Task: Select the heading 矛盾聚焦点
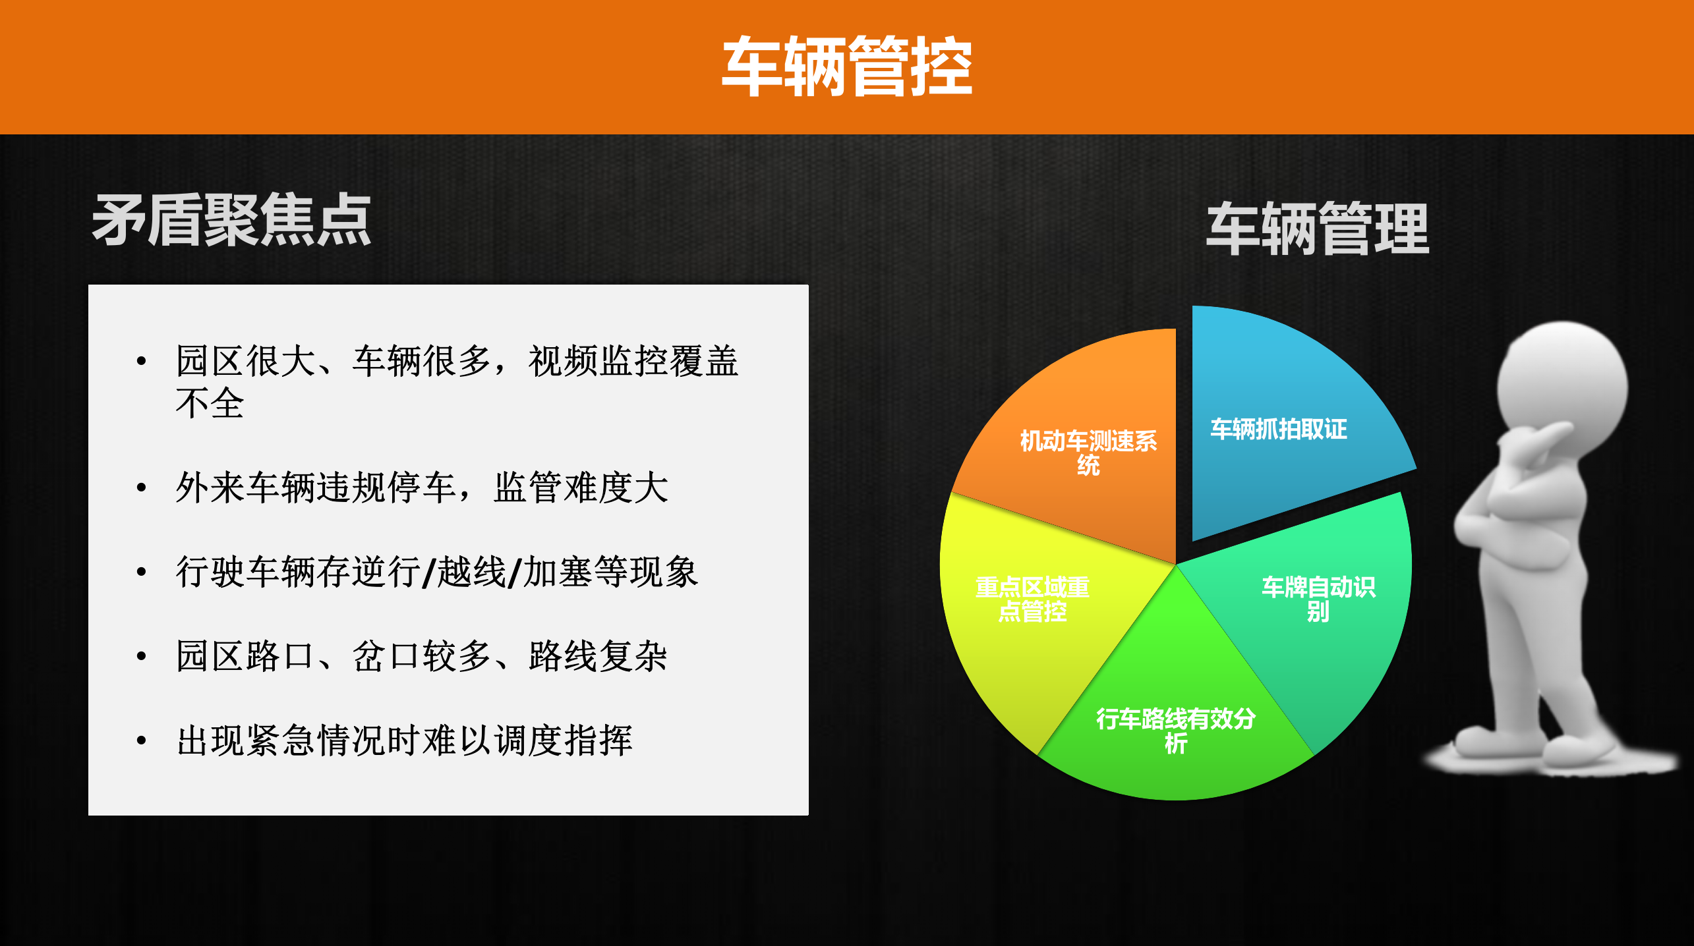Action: [231, 221]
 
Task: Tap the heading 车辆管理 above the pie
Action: [1317, 229]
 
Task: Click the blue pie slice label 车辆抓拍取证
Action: [1278, 430]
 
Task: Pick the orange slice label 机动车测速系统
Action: [1088, 453]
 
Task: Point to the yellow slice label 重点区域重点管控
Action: [1032, 599]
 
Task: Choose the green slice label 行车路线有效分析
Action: [1175, 731]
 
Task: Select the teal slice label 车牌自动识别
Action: [1318, 599]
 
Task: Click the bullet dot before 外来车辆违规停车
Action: [141, 488]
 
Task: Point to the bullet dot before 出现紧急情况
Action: [141, 741]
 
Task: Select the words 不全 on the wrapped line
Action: [210, 404]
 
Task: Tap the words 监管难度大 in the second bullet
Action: [581, 488]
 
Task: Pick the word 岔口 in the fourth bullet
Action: [387, 656]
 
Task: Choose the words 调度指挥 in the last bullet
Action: [563, 740]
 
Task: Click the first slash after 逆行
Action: [429, 572]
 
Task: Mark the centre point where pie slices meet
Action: [1176, 565]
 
